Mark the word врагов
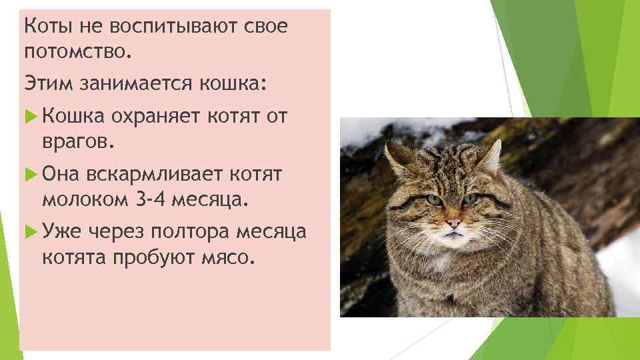(78, 141)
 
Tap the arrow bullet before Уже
(29, 231)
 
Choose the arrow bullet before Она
(29, 174)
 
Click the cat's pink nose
(453, 222)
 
